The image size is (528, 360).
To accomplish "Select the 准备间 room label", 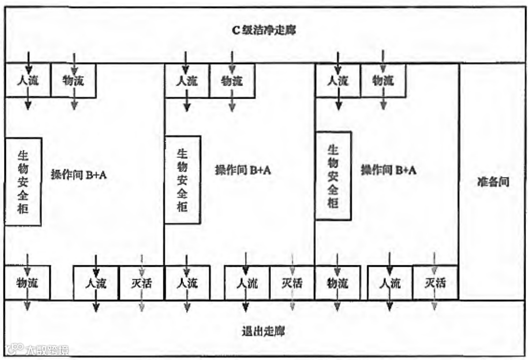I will (x=493, y=182).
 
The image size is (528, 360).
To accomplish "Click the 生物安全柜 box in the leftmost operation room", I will (x=23, y=181).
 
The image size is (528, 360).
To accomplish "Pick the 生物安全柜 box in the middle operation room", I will (x=183, y=180).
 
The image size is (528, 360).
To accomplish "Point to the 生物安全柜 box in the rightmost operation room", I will (x=334, y=176).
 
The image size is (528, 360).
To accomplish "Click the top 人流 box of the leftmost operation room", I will (x=28, y=80).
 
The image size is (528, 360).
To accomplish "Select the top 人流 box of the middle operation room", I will (x=187, y=80).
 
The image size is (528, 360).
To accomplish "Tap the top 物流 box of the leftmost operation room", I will (x=74, y=80).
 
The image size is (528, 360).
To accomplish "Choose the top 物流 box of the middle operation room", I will (x=232, y=80).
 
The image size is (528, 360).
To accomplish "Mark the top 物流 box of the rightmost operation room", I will (x=383, y=80).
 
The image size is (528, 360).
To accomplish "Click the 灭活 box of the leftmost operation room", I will (x=141, y=283).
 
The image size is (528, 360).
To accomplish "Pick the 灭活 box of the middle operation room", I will (x=292, y=283).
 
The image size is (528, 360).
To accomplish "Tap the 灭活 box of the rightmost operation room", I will (x=435, y=283).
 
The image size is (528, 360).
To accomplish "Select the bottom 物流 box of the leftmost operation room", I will (x=28, y=283).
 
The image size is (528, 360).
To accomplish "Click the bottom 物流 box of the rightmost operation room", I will (x=338, y=283).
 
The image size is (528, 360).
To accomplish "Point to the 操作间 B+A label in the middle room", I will (x=243, y=171).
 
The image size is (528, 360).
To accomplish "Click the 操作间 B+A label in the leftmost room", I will (x=79, y=174).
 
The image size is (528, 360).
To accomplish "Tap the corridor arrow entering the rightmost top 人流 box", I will (x=338, y=57).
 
